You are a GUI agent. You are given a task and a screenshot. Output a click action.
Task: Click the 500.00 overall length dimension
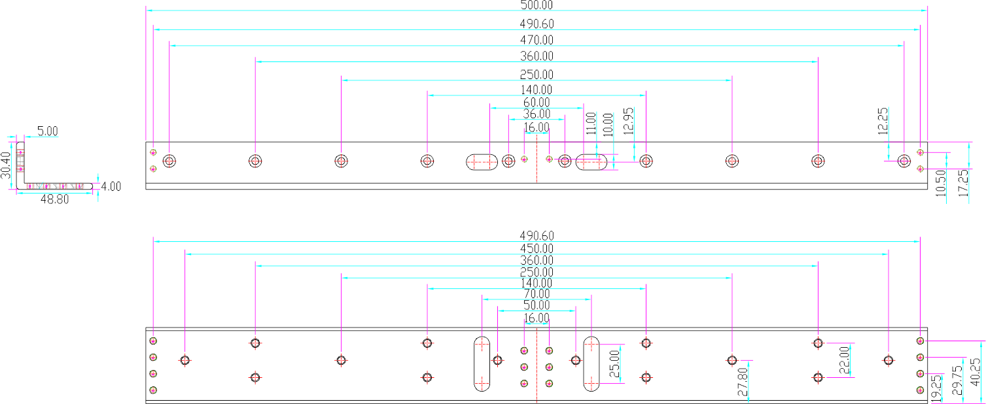(x=537, y=5)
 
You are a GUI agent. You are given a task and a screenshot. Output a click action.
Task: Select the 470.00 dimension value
(x=537, y=40)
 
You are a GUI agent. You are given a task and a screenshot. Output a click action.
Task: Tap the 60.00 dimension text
(x=537, y=103)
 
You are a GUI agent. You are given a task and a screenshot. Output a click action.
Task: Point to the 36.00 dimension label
(x=537, y=114)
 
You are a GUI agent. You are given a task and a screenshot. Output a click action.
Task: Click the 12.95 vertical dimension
(x=629, y=121)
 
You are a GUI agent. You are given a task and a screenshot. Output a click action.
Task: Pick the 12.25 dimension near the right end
(x=883, y=121)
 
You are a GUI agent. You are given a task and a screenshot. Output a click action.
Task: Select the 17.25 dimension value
(x=964, y=183)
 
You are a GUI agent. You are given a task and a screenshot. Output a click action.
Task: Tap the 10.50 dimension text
(x=940, y=183)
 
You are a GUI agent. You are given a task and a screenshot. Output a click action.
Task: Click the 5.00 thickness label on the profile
(x=48, y=131)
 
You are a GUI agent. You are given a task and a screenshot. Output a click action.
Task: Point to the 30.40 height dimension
(x=6, y=165)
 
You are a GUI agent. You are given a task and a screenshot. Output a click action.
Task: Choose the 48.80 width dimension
(x=54, y=199)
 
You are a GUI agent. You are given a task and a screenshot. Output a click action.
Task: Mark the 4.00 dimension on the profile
(x=111, y=186)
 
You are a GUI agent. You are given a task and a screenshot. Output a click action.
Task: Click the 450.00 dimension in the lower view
(x=537, y=248)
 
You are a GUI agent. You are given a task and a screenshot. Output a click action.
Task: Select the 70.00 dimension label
(x=537, y=294)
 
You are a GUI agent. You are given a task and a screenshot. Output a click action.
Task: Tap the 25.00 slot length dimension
(x=614, y=364)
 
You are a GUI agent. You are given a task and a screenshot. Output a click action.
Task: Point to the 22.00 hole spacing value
(x=844, y=360)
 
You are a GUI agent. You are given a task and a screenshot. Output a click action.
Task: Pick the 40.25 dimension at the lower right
(x=976, y=372)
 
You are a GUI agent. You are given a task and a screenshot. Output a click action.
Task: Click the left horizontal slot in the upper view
(x=482, y=161)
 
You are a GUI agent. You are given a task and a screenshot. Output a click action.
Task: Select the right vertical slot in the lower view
(x=591, y=363)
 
